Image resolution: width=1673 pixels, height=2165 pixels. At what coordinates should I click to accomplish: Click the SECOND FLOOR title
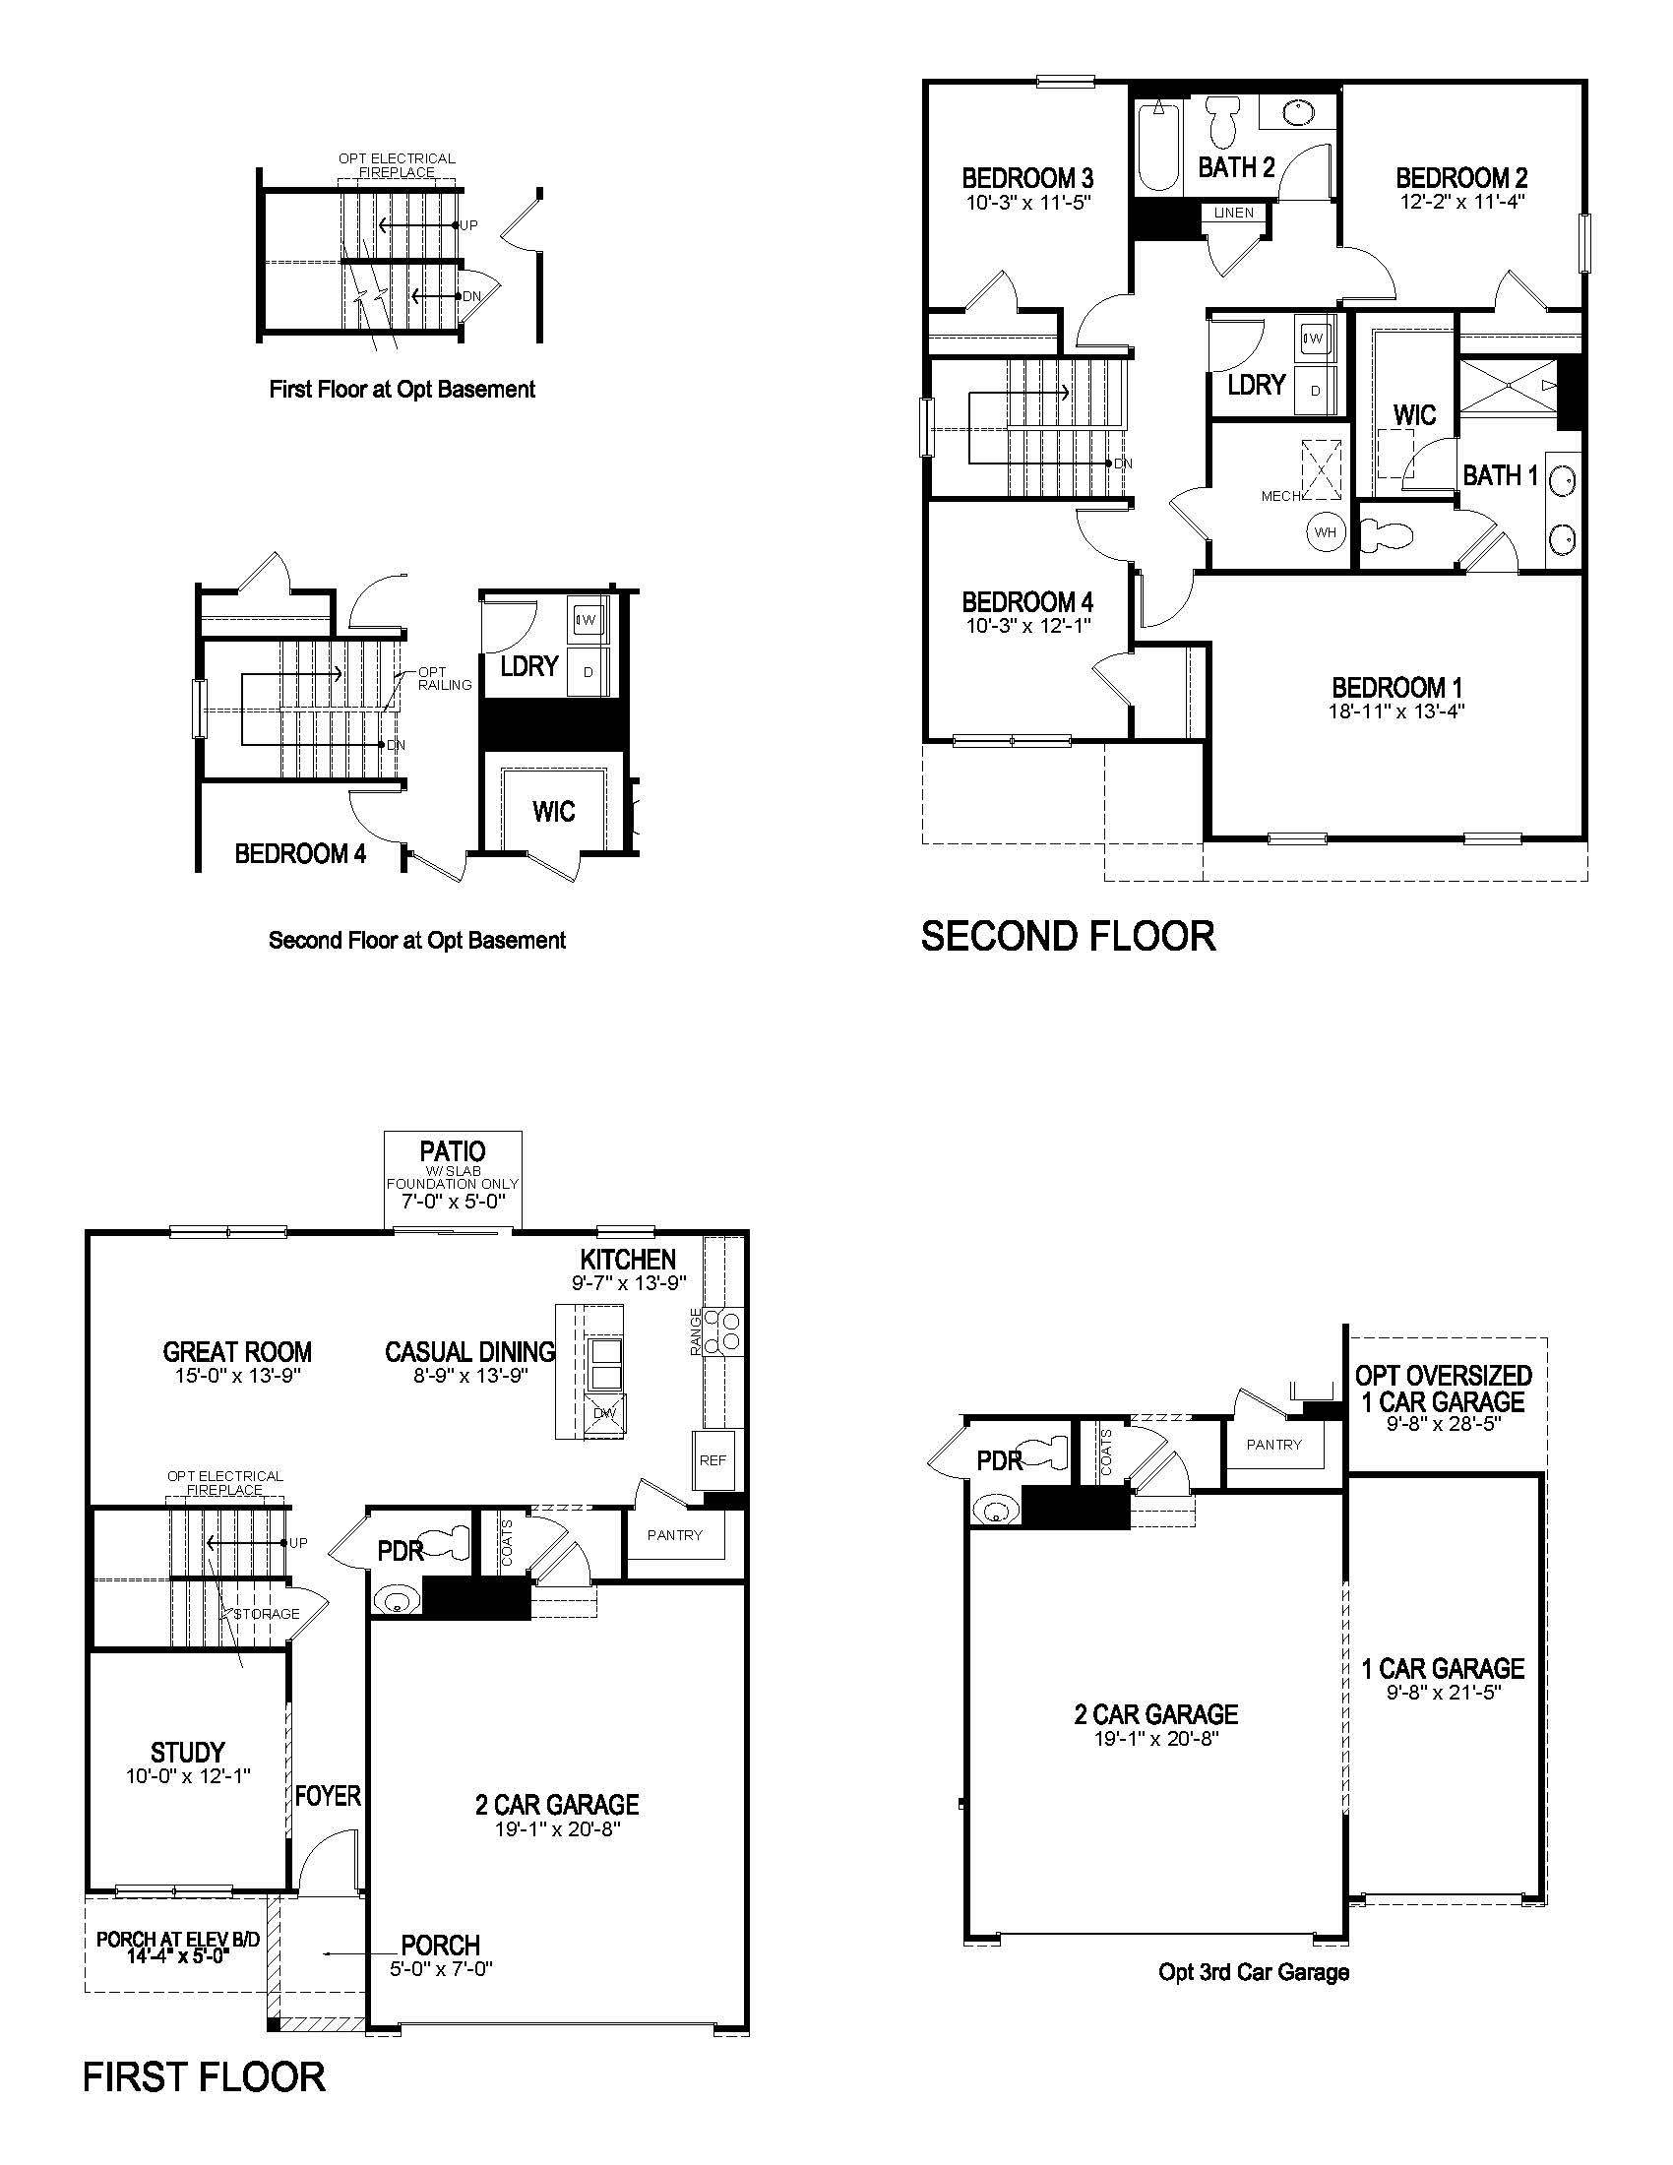(x=1068, y=937)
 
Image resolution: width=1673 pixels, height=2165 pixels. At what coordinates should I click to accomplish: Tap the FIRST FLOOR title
(x=203, y=2076)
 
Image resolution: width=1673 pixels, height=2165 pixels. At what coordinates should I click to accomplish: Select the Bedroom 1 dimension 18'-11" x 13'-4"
(x=1396, y=711)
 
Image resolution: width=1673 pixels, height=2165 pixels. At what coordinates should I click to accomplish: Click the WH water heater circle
(x=1326, y=532)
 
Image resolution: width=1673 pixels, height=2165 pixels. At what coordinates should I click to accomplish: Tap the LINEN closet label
(x=1234, y=214)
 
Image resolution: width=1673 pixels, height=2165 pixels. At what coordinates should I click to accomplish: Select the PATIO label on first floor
(x=452, y=1151)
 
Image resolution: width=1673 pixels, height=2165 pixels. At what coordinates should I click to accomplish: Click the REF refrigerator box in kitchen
(x=713, y=1460)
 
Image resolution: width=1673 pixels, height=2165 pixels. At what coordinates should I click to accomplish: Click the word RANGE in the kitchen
(x=696, y=1330)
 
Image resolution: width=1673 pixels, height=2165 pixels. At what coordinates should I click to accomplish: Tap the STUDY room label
(x=187, y=1752)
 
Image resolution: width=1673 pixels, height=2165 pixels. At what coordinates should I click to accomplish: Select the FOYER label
(x=328, y=1795)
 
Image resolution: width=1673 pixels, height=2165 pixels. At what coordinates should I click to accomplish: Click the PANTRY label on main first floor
(x=675, y=1534)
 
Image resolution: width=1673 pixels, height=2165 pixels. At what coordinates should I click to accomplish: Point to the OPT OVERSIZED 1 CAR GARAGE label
(x=1443, y=1388)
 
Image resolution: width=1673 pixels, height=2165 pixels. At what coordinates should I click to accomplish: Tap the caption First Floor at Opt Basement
(x=402, y=390)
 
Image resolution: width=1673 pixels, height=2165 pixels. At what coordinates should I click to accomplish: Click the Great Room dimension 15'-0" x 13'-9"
(x=238, y=1376)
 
